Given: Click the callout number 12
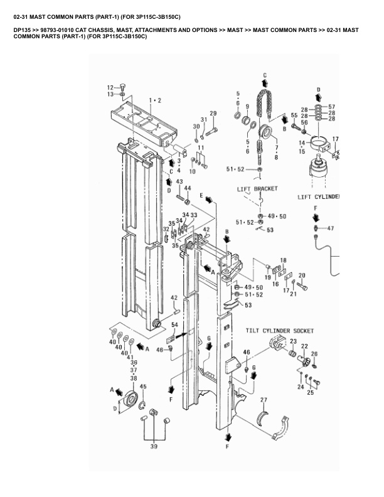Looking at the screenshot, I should [x=110, y=87].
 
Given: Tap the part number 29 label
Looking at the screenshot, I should [x=213, y=113].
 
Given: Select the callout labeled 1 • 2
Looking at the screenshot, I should [x=155, y=100].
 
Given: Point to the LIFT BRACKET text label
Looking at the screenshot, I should [x=257, y=188].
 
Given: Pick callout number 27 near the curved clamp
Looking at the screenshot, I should [x=264, y=400].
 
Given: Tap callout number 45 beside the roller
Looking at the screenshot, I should [x=144, y=387].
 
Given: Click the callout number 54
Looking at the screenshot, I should [x=174, y=324].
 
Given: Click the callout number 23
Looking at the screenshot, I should [x=292, y=341].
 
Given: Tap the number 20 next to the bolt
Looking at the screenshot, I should [x=301, y=275].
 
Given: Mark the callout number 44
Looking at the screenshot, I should [x=188, y=190].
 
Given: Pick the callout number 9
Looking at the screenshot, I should [x=247, y=106].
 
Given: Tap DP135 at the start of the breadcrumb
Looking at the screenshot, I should [x=23, y=29].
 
